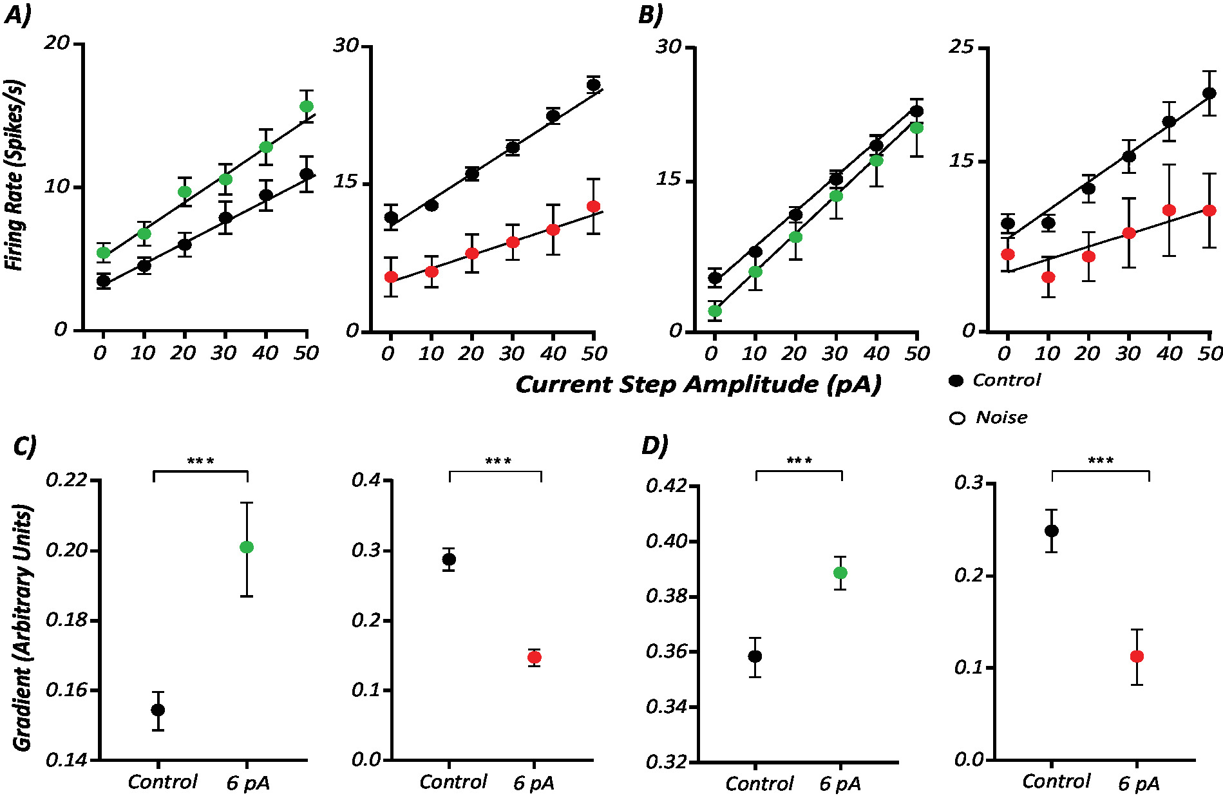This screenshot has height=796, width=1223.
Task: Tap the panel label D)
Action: pos(654,446)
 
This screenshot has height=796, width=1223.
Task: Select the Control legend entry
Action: pos(994,381)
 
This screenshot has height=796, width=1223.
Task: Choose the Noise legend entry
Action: pos(989,418)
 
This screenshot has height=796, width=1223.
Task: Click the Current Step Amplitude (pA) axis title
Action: pos(698,384)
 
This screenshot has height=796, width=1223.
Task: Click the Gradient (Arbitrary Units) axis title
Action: pos(23,629)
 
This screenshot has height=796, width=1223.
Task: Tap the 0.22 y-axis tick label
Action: pos(66,480)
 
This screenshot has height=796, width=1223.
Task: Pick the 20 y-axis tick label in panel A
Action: pos(57,43)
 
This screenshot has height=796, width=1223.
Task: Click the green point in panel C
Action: pos(247,547)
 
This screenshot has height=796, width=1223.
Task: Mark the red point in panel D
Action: pos(1137,656)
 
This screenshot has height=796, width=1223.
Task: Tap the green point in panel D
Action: pos(840,573)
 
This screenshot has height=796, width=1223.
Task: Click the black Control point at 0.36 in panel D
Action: pos(755,656)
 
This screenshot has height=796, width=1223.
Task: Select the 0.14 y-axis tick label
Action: pos(66,760)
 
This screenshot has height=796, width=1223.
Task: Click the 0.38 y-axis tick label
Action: pos(667,596)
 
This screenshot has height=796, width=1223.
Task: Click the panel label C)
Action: pos(24,446)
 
